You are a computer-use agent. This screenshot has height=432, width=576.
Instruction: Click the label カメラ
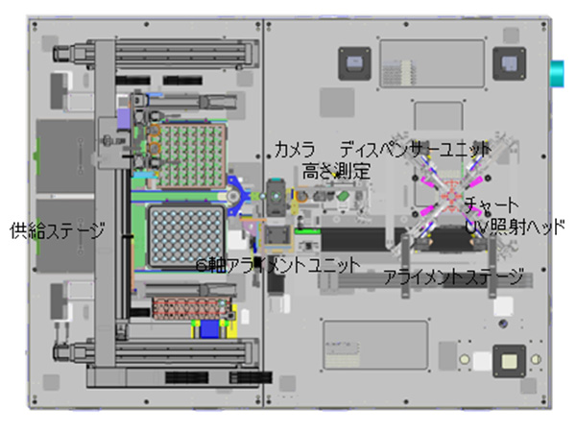[x=295, y=150]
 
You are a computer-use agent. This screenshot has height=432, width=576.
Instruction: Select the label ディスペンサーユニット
[x=415, y=150]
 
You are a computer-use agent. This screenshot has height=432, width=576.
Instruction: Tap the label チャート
[x=492, y=206]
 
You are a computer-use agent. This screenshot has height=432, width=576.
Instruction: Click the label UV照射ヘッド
[x=515, y=228]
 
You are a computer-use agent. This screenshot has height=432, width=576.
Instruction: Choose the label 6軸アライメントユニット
[x=277, y=263]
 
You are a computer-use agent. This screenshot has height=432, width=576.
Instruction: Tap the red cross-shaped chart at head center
[x=450, y=198]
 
